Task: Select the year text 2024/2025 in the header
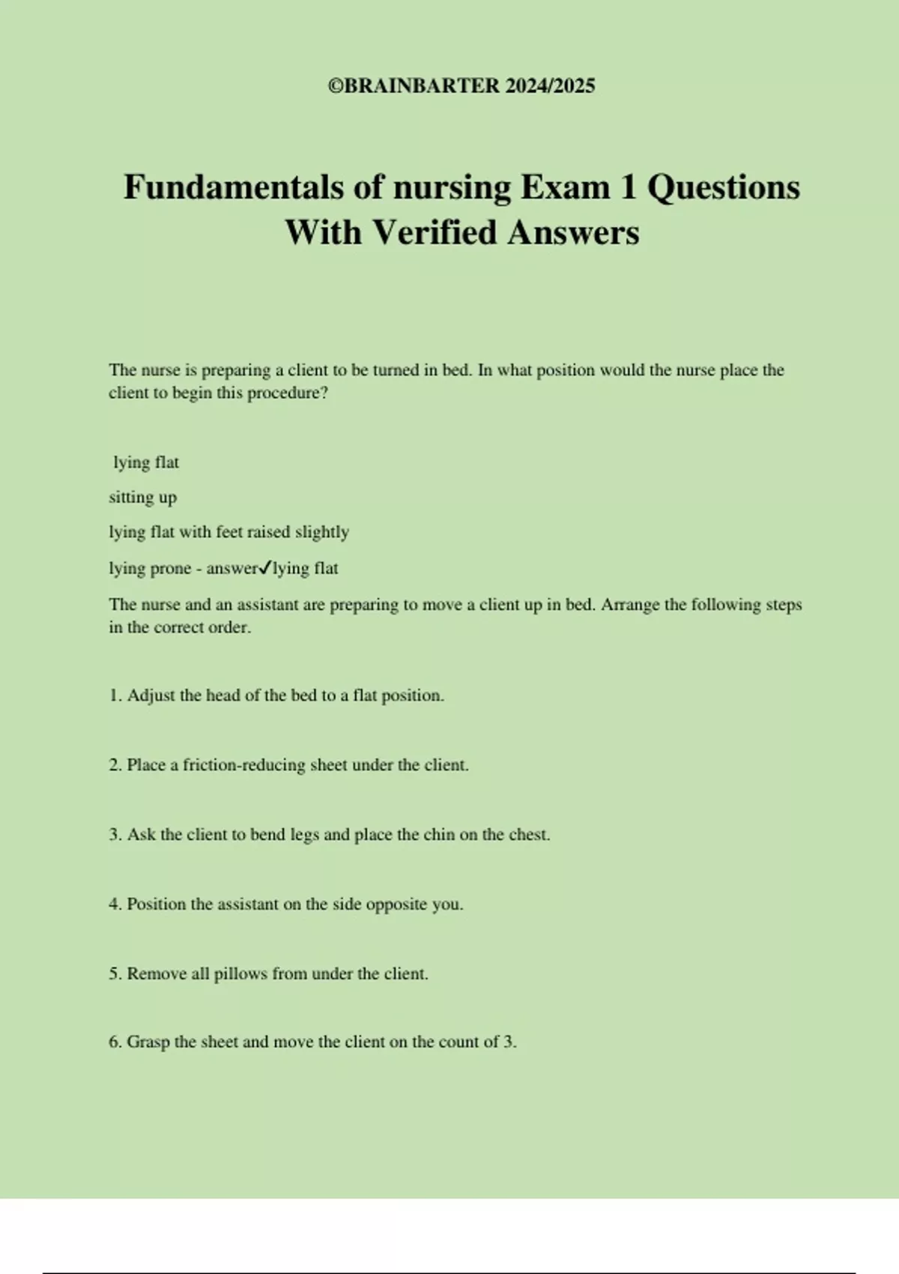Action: coord(550,86)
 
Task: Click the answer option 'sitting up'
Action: coord(143,498)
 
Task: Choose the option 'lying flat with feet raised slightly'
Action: coord(228,532)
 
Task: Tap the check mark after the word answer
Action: coord(265,569)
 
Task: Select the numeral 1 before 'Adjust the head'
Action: coord(114,695)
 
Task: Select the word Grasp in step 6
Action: coord(148,1042)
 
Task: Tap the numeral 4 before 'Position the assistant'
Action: coord(114,905)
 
